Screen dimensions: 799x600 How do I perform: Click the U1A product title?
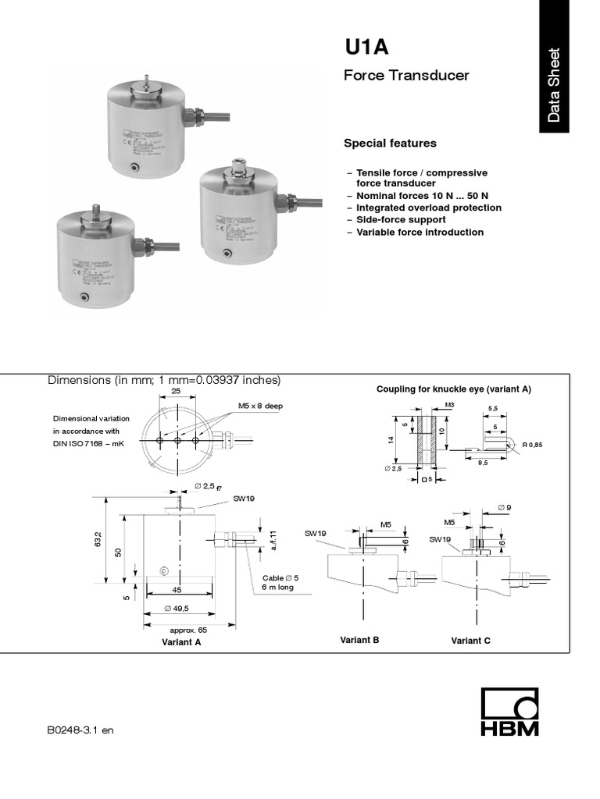(x=367, y=48)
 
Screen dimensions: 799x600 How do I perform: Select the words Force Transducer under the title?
(x=406, y=76)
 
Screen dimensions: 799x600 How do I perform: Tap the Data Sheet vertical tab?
(x=554, y=85)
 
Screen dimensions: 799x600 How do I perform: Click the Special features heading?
(x=390, y=144)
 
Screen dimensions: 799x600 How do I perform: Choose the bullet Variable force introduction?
(x=420, y=232)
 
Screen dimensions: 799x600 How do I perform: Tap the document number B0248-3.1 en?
(x=80, y=730)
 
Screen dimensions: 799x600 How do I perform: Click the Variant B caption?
(x=359, y=640)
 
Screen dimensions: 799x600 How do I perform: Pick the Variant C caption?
(x=471, y=641)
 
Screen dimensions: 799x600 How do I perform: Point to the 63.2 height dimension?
(x=98, y=538)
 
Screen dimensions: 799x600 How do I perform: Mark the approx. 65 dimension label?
(x=187, y=629)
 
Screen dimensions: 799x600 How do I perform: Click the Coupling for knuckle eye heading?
(x=453, y=389)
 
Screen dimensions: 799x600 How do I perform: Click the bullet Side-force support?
(x=400, y=220)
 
